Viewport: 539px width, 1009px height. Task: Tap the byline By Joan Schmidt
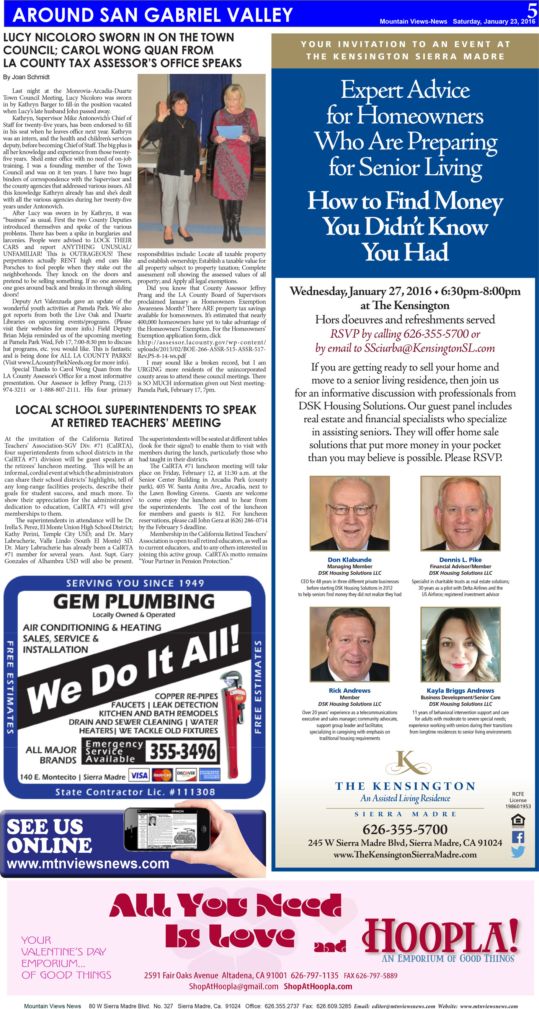tap(26, 77)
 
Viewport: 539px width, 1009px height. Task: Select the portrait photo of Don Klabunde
tap(349, 513)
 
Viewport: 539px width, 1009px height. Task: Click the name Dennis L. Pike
tap(460, 560)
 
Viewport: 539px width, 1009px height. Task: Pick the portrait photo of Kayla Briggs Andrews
tap(460, 644)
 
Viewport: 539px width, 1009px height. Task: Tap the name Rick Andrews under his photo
tap(349, 691)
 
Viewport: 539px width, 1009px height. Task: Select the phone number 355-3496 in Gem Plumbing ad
tap(182, 751)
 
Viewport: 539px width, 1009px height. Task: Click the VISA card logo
tap(139, 775)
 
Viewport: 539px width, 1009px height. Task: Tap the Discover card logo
tap(186, 774)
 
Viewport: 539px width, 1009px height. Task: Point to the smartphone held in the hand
tap(166, 829)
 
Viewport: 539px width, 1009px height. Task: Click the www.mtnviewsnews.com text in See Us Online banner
tap(88, 863)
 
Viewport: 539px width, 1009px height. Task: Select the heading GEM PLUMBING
tap(134, 601)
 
